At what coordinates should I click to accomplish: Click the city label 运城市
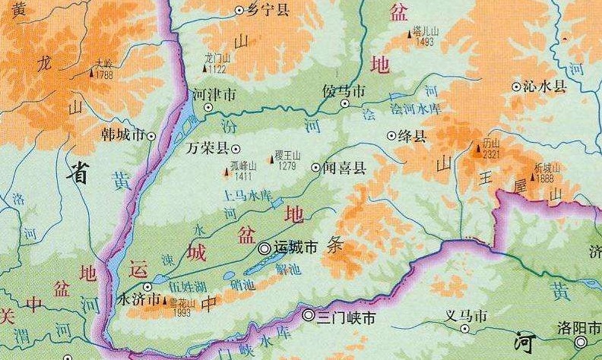click(x=296, y=248)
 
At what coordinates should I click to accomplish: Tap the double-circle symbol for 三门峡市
click(x=309, y=315)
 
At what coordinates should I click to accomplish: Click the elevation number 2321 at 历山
click(x=491, y=153)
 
